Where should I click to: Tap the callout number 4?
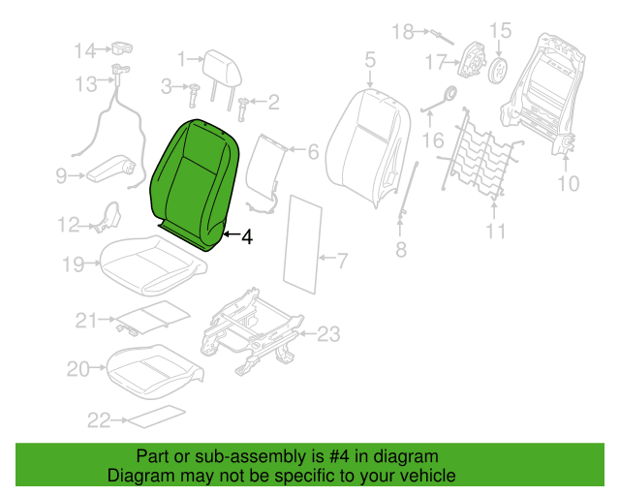[x=247, y=237]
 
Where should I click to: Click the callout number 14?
[x=85, y=51]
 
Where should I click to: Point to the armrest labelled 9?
[x=110, y=170]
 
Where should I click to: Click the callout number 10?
[x=569, y=183]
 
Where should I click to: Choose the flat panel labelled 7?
[x=302, y=244]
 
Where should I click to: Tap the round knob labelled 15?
[x=498, y=71]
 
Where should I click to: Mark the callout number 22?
[x=99, y=420]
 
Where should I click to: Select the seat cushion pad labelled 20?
[x=155, y=371]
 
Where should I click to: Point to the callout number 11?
[x=495, y=231]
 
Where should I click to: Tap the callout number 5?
[x=370, y=59]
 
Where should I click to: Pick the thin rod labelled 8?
[x=408, y=189]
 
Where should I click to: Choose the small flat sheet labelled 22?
[x=156, y=417]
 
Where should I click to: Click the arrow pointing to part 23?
[x=307, y=334]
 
